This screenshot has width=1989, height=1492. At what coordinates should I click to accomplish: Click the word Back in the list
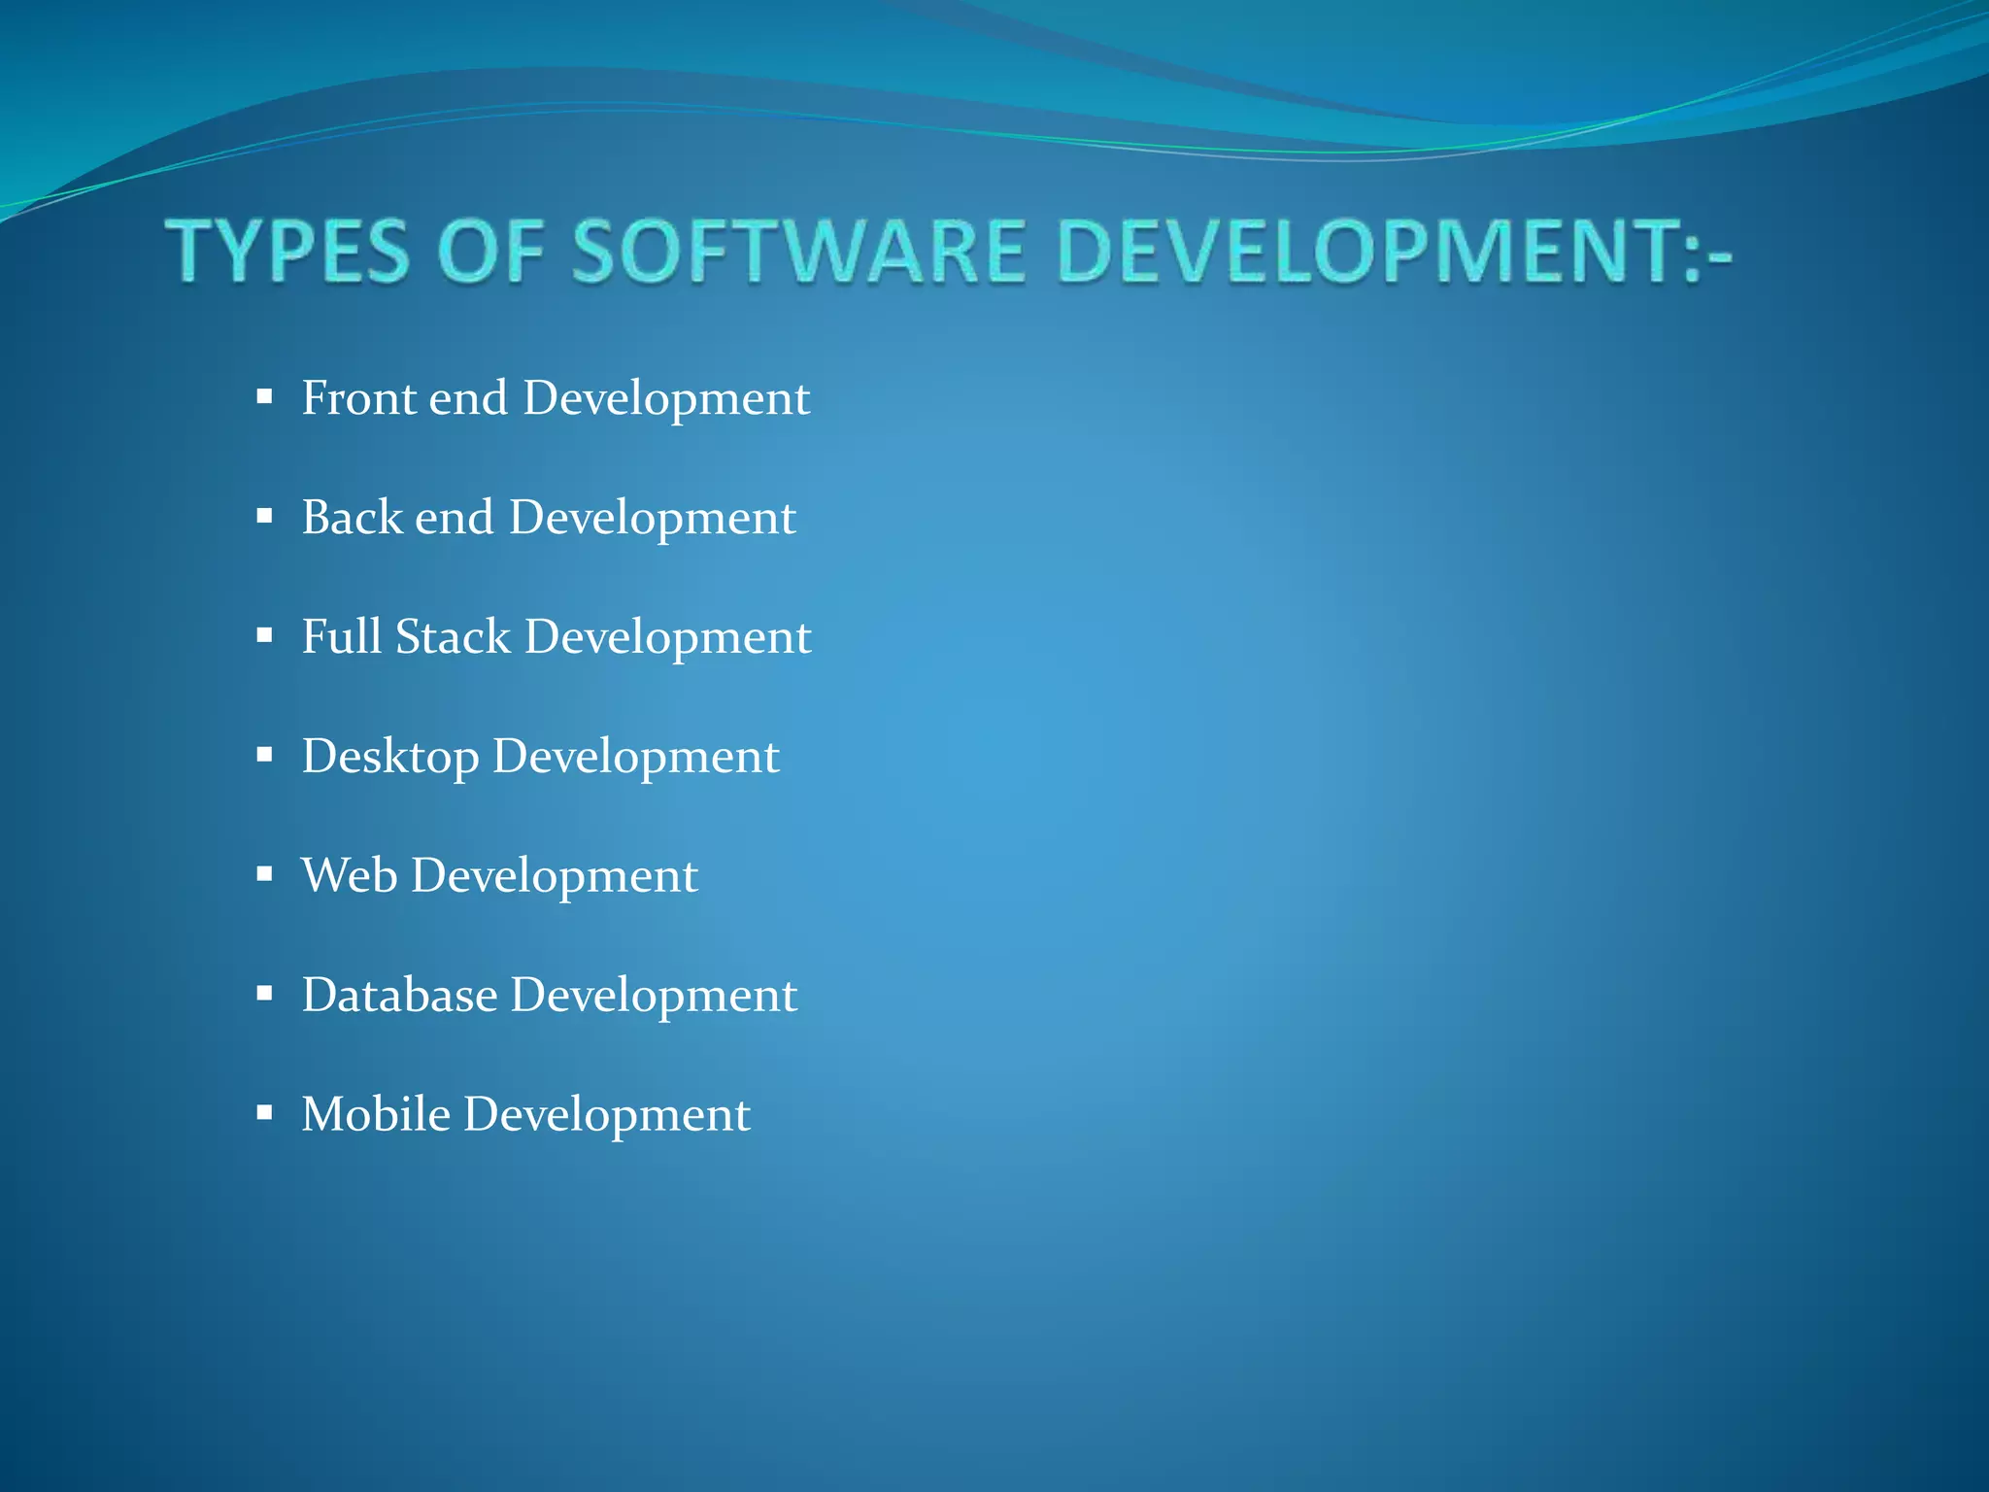point(351,517)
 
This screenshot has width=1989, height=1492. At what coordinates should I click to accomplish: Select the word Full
point(341,636)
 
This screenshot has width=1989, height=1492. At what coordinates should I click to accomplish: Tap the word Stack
point(453,636)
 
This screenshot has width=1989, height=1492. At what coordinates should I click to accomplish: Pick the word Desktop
point(389,757)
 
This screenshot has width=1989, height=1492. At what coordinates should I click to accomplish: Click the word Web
point(349,875)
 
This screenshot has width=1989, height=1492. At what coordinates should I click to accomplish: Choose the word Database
point(399,995)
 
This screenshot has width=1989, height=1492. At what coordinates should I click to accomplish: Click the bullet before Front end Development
point(264,396)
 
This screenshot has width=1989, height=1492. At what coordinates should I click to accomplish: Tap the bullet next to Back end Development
point(264,516)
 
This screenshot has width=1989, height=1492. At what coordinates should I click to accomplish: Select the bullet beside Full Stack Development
point(264,635)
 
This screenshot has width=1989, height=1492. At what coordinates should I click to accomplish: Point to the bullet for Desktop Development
point(264,755)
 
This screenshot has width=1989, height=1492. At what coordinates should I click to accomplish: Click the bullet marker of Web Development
point(264,874)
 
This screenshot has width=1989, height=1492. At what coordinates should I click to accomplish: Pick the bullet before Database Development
point(264,994)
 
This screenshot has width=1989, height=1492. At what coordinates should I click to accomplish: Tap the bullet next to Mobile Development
point(264,1112)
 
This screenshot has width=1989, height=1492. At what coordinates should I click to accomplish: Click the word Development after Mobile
point(607,1115)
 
